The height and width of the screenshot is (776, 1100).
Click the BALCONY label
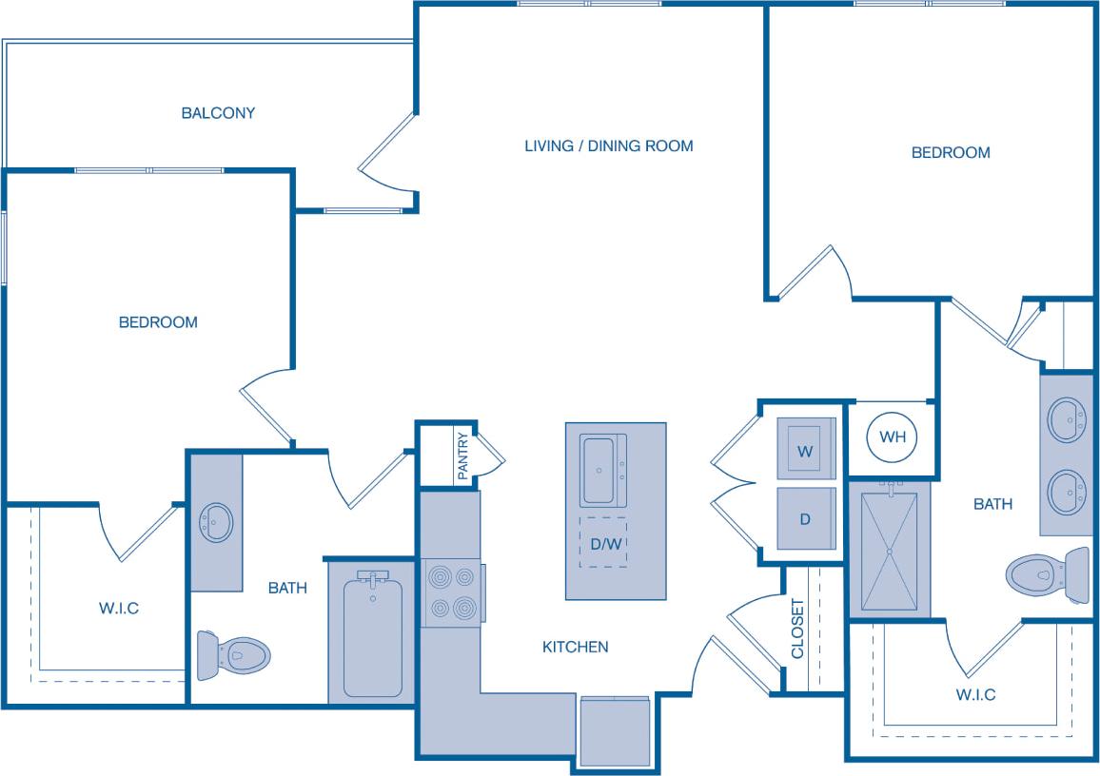(218, 113)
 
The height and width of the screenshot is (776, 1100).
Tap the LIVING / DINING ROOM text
(609, 146)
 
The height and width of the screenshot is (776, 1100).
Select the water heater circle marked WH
(892, 437)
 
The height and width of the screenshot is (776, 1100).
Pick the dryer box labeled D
(805, 519)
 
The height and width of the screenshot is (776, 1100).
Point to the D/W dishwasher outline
(603, 543)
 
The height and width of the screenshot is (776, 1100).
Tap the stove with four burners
(451, 593)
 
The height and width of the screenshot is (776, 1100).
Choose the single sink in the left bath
(216, 522)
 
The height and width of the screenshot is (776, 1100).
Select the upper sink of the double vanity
(1066, 419)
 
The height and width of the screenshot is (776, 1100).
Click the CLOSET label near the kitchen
(797, 629)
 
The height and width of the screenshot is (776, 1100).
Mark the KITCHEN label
(575, 647)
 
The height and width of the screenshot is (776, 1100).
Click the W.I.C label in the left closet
(119, 608)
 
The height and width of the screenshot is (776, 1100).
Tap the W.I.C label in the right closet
(975, 694)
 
